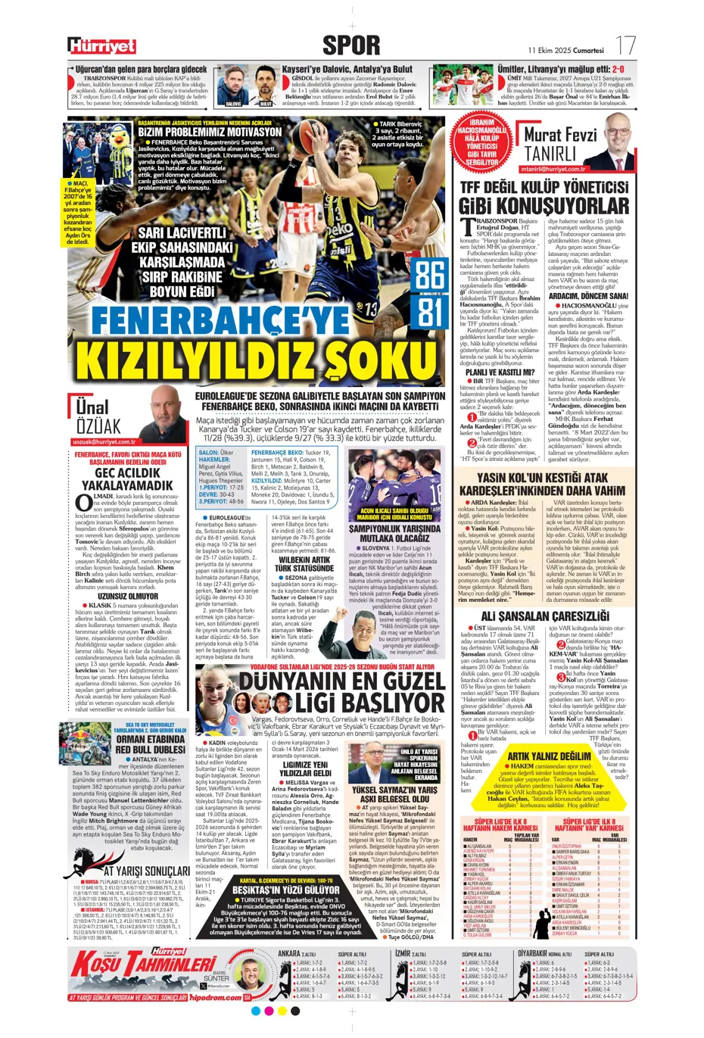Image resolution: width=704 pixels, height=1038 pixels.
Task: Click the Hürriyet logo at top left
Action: click(101, 46)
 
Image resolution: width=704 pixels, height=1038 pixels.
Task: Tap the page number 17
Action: click(625, 45)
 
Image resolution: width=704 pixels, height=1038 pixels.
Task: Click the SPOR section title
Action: click(351, 45)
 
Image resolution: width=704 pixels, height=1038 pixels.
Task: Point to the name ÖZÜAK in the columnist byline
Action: click(98, 425)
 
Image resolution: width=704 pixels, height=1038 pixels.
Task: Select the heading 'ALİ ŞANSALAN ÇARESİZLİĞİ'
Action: click(544, 616)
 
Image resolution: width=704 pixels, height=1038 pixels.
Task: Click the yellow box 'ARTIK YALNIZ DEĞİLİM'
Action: click(549, 756)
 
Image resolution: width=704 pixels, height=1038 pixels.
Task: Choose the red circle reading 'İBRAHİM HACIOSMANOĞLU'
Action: click(482, 144)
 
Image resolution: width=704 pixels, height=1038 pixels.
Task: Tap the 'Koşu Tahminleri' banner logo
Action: click(144, 963)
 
